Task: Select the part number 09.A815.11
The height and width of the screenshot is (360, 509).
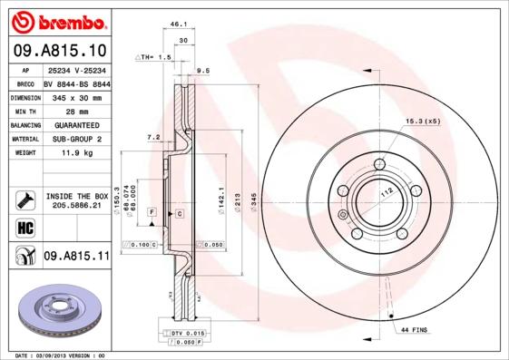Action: tap(76, 257)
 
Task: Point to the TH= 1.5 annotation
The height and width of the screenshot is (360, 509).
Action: tap(153, 57)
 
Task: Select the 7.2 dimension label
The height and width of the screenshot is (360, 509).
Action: tap(153, 137)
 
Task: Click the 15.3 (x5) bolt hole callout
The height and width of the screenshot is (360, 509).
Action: tap(422, 121)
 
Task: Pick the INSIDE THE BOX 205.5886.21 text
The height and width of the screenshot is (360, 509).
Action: tap(76, 200)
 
